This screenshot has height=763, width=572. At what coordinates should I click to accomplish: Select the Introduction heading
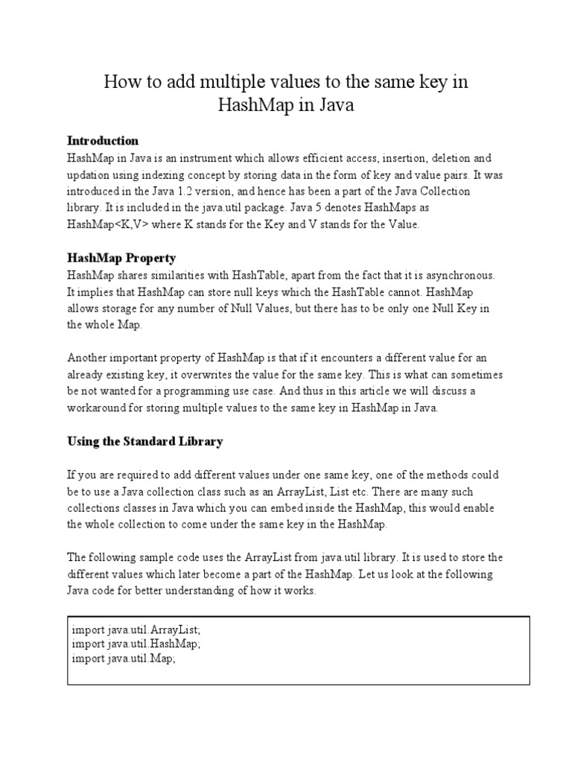point(103,140)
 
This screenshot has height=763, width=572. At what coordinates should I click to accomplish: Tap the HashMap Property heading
point(121,258)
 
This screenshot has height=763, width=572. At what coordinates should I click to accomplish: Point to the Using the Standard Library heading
point(144,441)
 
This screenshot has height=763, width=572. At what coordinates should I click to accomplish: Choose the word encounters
point(354,358)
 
